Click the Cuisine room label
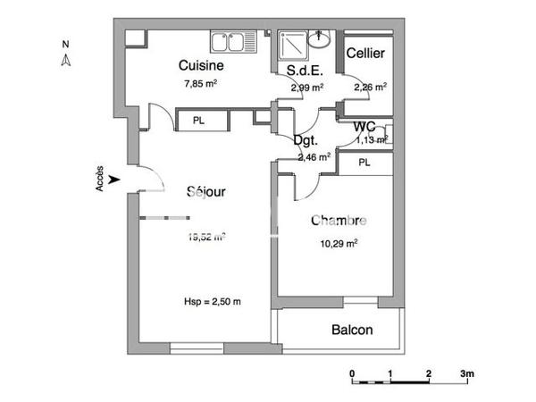point(200,65)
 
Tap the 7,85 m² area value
point(200,84)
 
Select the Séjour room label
point(205,192)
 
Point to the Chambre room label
point(339,221)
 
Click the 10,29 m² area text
point(339,242)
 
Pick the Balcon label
point(352,330)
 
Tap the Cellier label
point(365,54)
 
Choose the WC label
point(364,126)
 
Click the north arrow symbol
point(65,59)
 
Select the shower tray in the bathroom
point(292,43)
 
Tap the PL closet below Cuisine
point(197,120)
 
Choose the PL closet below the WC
point(364,163)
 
